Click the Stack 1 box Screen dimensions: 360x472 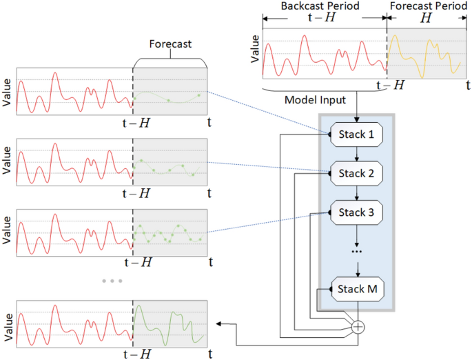pos(356,134)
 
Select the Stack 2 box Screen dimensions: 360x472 pos(356,173)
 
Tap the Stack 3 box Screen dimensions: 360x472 pos(356,212)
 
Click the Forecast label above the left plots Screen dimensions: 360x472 pos(170,44)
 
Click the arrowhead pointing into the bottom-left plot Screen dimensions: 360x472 pos(220,323)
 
